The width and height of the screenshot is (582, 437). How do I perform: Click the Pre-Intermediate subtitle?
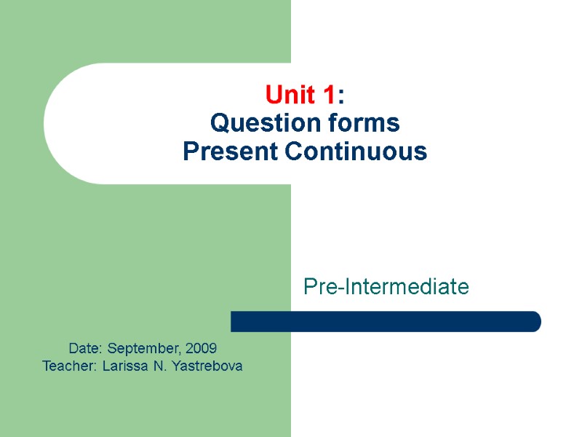[x=386, y=287]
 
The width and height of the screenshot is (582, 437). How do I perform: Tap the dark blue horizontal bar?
[x=386, y=321]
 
